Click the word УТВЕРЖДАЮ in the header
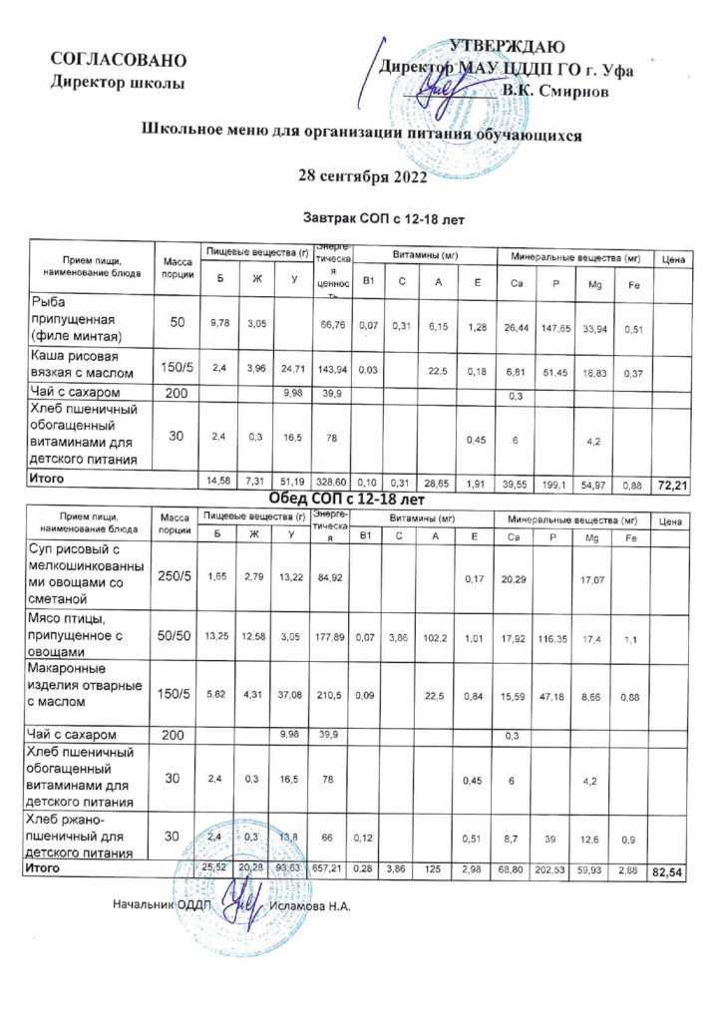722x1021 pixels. coord(509,46)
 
